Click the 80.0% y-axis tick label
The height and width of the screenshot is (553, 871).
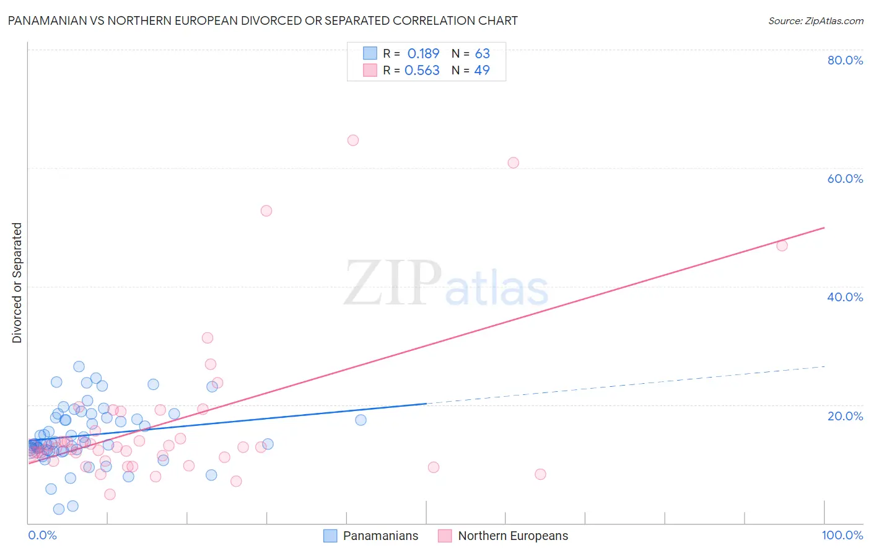845,60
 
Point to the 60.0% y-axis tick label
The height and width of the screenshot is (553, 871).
845,179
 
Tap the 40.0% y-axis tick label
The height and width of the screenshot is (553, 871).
845,297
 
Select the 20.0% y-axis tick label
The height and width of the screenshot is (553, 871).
845,415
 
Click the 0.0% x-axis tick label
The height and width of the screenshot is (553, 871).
42,535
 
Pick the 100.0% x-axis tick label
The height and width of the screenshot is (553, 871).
842,535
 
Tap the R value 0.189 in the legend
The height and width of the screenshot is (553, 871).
423,54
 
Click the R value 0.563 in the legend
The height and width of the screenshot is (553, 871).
422,71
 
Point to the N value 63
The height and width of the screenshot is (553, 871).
482,54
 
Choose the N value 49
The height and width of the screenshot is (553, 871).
481,71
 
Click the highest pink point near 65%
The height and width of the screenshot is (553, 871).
353,140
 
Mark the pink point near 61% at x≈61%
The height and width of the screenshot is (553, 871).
513,163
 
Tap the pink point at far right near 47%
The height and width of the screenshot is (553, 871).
782,246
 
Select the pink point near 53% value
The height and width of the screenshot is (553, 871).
266,211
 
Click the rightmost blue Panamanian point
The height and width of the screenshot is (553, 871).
361,420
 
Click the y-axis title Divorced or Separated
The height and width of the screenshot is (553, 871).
17,283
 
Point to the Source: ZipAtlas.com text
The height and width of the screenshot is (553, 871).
815,21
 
